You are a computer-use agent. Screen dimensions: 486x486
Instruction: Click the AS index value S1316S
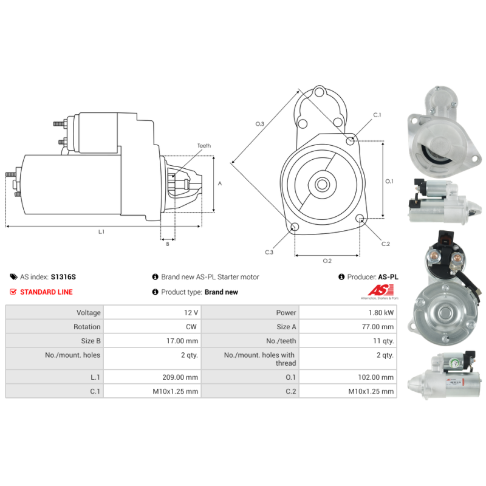click(63, 277)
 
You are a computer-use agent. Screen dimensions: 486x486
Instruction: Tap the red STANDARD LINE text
click(46, 292)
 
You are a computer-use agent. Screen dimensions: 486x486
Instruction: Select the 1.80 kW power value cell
click(381, 312)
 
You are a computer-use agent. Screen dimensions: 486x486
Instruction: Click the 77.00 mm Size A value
click(377, 327)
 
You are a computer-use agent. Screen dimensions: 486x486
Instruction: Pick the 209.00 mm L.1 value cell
click(180, 377)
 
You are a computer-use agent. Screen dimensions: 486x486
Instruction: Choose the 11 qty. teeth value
click(383, 341)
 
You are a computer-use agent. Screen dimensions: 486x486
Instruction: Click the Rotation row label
click(87, 327)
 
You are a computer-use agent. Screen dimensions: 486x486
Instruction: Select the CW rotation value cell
click(191, 327)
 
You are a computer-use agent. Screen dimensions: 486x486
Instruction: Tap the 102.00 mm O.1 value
click(375, 377)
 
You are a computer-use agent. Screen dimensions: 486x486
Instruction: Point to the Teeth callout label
click(204, 146)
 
